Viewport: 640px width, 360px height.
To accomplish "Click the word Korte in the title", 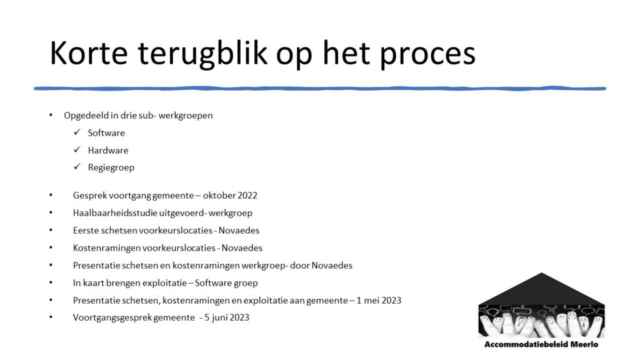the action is (89, 53).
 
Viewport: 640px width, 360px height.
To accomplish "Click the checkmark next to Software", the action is (77, 132).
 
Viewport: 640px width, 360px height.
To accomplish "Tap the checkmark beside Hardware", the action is (77, 150).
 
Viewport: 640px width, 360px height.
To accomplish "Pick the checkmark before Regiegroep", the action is (77, 167).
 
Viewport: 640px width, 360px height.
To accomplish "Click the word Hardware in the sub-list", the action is (108, 150).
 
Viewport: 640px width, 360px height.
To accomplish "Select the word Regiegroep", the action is (111, 167).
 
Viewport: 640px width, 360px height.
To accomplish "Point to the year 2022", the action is (247, 196).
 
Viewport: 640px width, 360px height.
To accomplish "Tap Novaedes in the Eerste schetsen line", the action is (239, 230).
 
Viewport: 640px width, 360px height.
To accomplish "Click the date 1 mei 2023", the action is (379, 301).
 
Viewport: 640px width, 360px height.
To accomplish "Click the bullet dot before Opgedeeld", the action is (51, 115).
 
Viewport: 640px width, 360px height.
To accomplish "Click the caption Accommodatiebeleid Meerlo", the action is (542, 344).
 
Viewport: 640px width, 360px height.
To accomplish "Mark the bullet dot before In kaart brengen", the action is (51, 282).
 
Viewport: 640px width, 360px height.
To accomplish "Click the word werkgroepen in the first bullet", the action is (186, 116).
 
